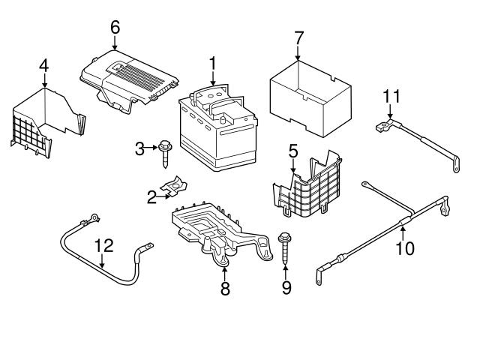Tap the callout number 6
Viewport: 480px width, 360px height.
pos(115,27)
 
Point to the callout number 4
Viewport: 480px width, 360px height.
pos(43,65)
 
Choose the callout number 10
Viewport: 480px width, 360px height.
pos(404,248)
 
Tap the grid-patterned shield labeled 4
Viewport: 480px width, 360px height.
pos(45,120)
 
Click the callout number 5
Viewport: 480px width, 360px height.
pos(292,149)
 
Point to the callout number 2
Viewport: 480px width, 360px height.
pos(151,197)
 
